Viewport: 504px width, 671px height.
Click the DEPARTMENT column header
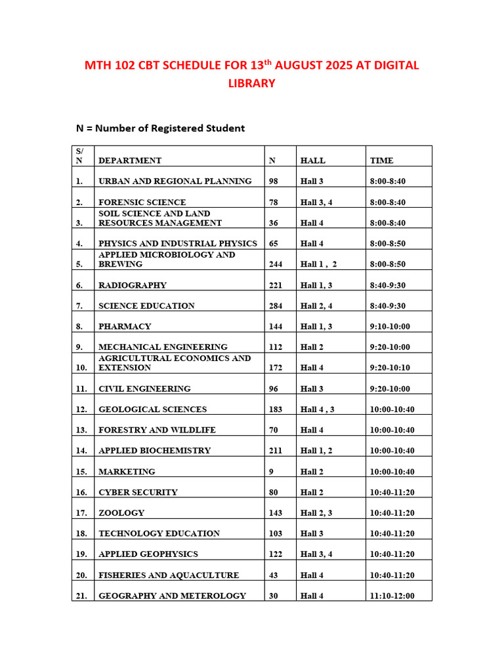coord(130,161)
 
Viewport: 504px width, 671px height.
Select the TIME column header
coord(381,161)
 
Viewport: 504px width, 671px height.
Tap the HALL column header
coord(312,161)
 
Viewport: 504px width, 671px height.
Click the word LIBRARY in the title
coord(251,84)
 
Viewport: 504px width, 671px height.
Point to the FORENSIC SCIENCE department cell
coord(142,202)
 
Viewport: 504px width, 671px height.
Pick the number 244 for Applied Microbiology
coord(276,264)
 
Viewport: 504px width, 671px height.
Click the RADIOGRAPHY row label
coord(133,285)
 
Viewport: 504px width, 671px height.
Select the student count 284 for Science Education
coord(276,306)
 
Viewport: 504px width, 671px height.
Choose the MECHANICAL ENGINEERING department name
coord(163,347)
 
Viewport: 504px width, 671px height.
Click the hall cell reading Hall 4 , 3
coord(318,410)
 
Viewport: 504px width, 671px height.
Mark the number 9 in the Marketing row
coord(272,471)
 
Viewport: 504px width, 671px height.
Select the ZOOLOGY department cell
coord(121,513)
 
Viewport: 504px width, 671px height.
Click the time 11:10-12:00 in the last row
coord(392,596)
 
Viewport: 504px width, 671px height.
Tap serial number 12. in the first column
coord(81,410)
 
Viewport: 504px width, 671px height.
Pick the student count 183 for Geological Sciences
coord(276,410)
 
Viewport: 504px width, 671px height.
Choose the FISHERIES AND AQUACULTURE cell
coord(169,575)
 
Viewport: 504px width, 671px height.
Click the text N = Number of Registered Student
coord(160,128)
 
